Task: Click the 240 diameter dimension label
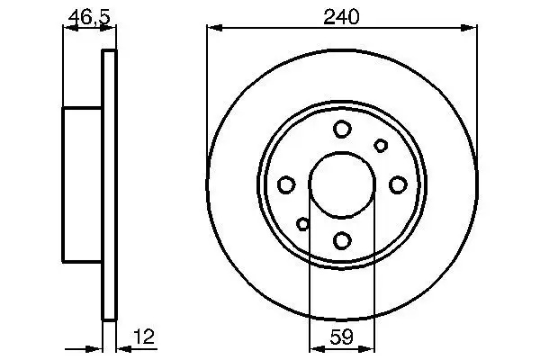pyautogui.click(x=341, y=15)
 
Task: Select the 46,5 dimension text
pyautogui.click(x=88, y=15)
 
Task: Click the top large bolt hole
pyautogui.click(x=342, y=130)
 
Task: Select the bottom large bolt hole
pyautogui.click(x=342, y=240)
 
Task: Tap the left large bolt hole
pyautogui.click(x=287, y=184)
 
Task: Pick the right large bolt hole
pyautogui.click(x=397, y=184)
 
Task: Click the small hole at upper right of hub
pyautogui.click(x=381, y=146)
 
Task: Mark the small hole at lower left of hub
pyautogui.click(x=303, y=224)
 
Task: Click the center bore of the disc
pyautogui.click(x=342, y=184)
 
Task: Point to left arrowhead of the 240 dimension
pyautogui.click(x=212, y=29)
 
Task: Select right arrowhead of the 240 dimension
pyautogui.click(x=471, y=29)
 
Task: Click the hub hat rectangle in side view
pyautogui.click(x=82, y=184)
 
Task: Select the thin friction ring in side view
pyautogui.click(x=110, y=184)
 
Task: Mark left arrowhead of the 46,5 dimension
pyautogui.click(x=67, y=29)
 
